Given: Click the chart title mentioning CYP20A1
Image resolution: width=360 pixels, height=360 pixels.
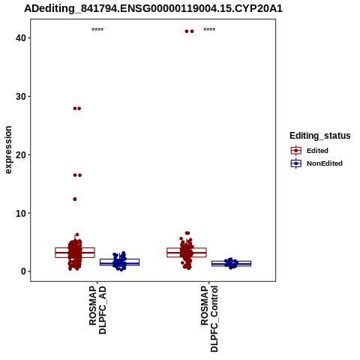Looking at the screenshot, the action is tap(153, 8).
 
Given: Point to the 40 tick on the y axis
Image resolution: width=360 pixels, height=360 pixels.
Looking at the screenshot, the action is tap(21, 38).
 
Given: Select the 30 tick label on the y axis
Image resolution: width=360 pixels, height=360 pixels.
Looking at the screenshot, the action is tap(21, 97).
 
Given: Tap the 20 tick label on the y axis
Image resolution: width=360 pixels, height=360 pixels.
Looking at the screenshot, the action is tap(21, 154).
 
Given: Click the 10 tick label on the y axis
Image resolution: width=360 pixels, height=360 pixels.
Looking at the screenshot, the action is tap(21, 213).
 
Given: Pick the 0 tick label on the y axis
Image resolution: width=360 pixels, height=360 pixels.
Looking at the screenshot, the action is tap(24, 271).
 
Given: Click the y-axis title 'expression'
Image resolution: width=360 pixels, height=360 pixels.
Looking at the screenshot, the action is tap(8, 150).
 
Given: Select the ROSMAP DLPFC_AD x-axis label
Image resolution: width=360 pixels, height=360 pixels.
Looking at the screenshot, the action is tap(97, 310).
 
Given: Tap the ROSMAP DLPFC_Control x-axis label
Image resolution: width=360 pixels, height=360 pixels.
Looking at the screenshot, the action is tap(209, 319).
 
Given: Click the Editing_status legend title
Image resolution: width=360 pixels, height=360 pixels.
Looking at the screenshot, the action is tap(320, 136).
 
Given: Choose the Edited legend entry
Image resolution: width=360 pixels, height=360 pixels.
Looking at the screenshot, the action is tap(317, 151).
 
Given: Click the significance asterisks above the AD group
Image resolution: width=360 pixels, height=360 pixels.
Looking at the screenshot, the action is tap(97, 29).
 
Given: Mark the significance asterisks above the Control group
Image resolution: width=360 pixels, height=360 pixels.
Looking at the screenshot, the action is tap(209, 29).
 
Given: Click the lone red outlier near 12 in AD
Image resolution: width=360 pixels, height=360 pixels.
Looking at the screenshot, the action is tap(75, 199).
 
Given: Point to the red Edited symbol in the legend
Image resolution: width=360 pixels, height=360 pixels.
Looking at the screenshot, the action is tap(296, 151).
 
